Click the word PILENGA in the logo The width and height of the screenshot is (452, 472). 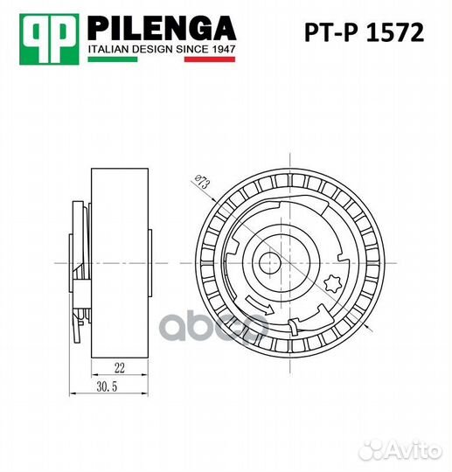pyautogui.click(x=162, y=27)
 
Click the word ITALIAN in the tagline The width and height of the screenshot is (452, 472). pyautogui.click(x=109, y=51)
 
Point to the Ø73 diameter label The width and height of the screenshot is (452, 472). pyautogui.click(x=200, y=183)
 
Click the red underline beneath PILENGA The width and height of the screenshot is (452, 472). pyautogui.click(x=162, y=42)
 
